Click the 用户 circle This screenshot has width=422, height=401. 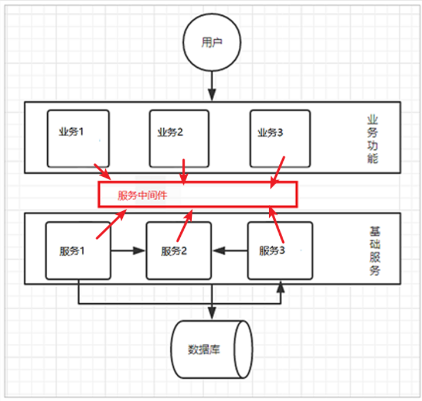tap(212, 43)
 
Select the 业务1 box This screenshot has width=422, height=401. tap(78, 138)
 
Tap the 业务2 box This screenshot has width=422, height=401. tap(179, 138)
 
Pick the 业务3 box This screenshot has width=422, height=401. tap(279, 138)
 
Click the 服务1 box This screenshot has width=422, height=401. tap(78, 250)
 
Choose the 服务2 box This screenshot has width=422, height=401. tap(179, 250)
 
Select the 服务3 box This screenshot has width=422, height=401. tap(280, 250)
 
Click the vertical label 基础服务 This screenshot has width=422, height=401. tap(374, 250)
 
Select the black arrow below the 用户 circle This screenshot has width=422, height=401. tap(212, 86)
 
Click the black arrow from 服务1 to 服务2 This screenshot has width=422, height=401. tap(129, 250)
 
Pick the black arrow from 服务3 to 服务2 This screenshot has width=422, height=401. tap(230, 250)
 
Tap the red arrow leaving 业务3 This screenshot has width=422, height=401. tap(277, 172)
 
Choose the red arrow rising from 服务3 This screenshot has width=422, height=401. tap(277, 224)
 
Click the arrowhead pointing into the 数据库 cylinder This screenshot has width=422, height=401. tap(212, 311)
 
